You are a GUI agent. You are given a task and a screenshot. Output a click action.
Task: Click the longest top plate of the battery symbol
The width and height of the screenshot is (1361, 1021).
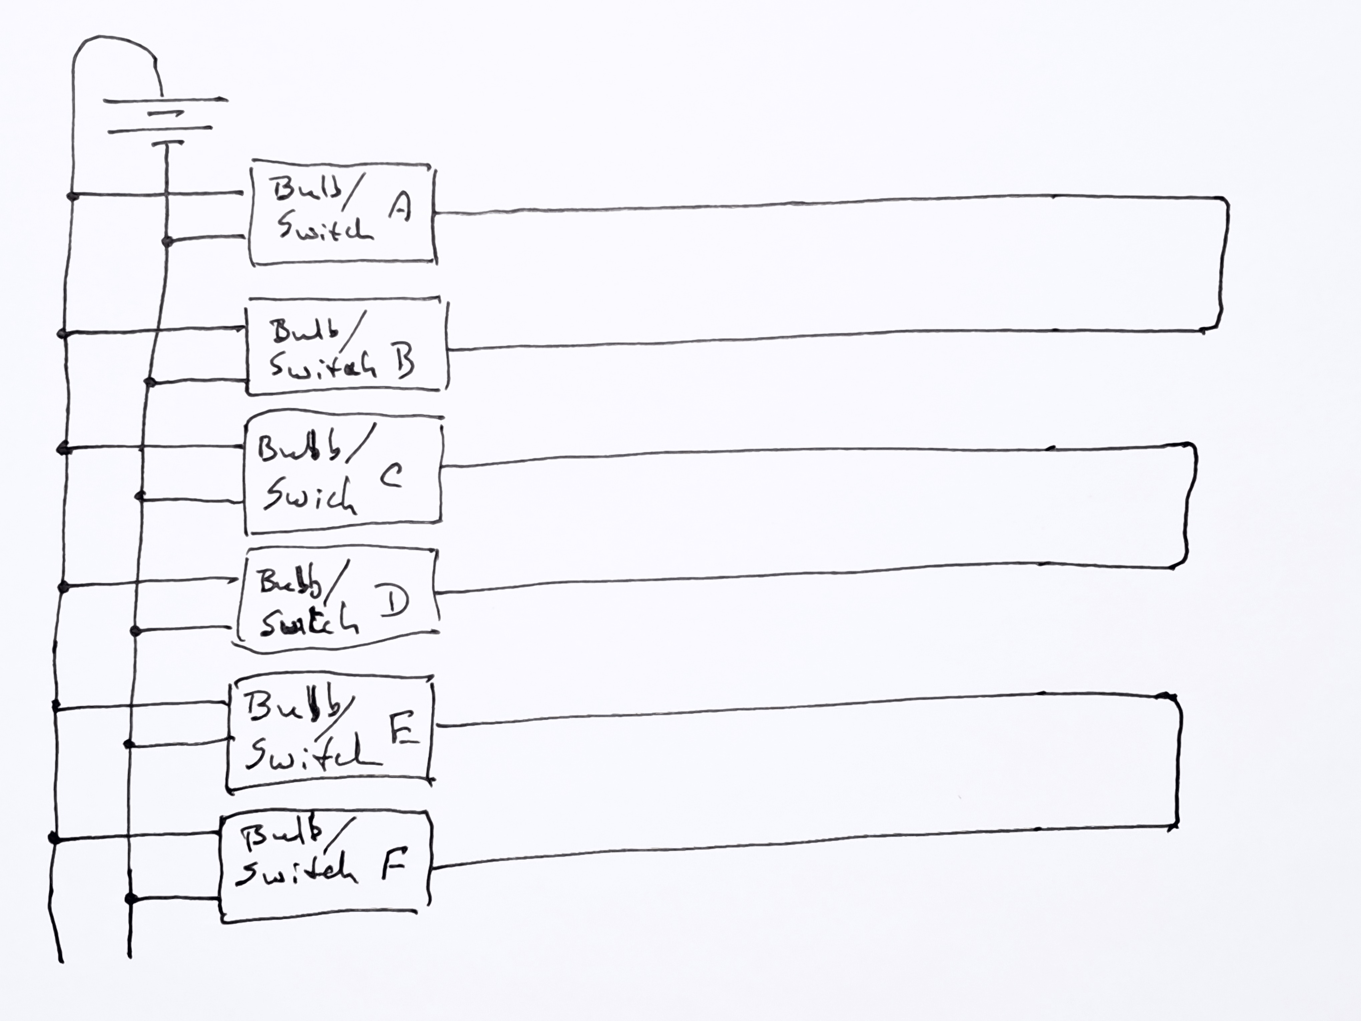click(x=165, y=100)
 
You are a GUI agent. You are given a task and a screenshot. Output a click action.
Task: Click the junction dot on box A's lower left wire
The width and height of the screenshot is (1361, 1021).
click(x=166, y=241)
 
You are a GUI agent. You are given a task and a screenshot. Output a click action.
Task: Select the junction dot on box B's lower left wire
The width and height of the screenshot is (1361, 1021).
click(x=149, y=382)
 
